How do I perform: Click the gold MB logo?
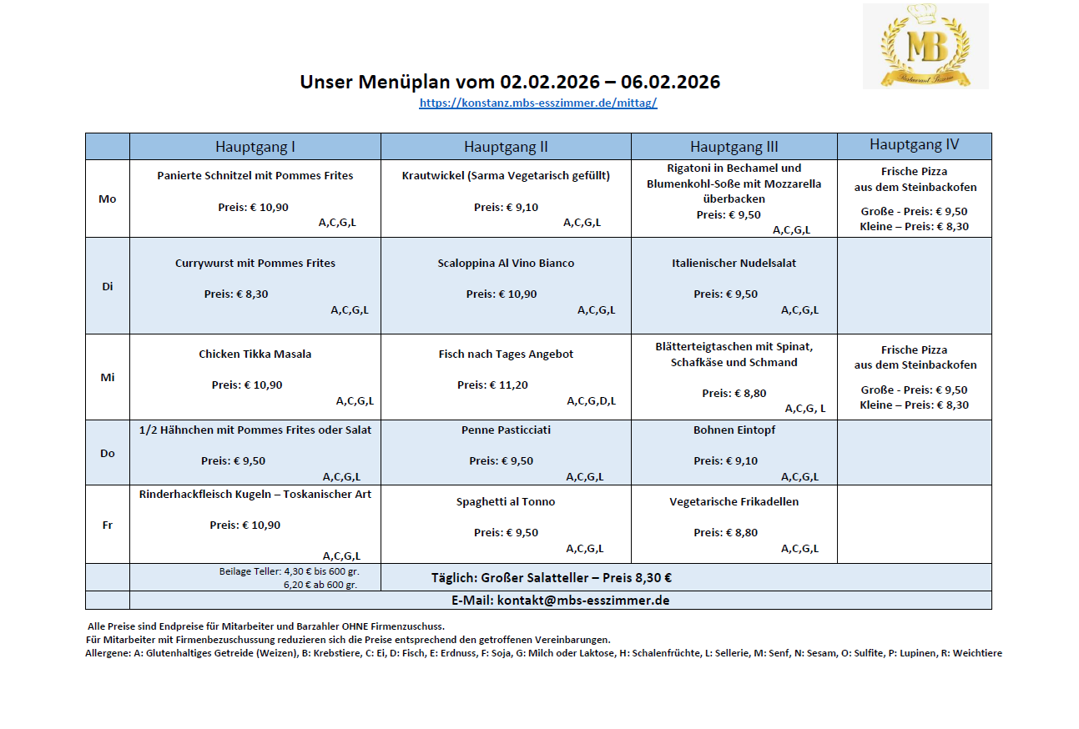click(925, 46)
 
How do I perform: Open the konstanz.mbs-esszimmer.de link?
click(538, 103)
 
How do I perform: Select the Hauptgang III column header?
click(734, 147)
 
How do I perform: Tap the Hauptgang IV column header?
click(914, 145)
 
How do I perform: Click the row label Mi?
click(108, 377)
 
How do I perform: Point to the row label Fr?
click(108, 525)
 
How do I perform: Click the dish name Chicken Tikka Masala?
click(255, 354)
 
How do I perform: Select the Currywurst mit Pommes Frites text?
click(255, 263)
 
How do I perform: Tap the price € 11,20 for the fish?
click(505, 385)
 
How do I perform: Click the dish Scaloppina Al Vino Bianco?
click(506, 263)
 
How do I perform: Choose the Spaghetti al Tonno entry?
click(506, 501)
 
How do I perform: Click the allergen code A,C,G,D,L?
click(591, 401)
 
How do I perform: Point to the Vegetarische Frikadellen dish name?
click(734, 501)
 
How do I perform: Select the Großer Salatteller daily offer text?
click(551, 577)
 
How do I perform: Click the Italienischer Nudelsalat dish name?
click(734, 263)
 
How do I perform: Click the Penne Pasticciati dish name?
click(506, 430)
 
